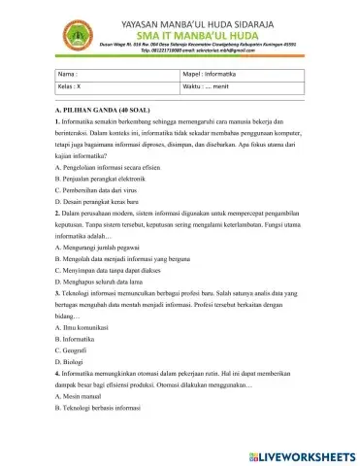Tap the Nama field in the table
116,74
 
